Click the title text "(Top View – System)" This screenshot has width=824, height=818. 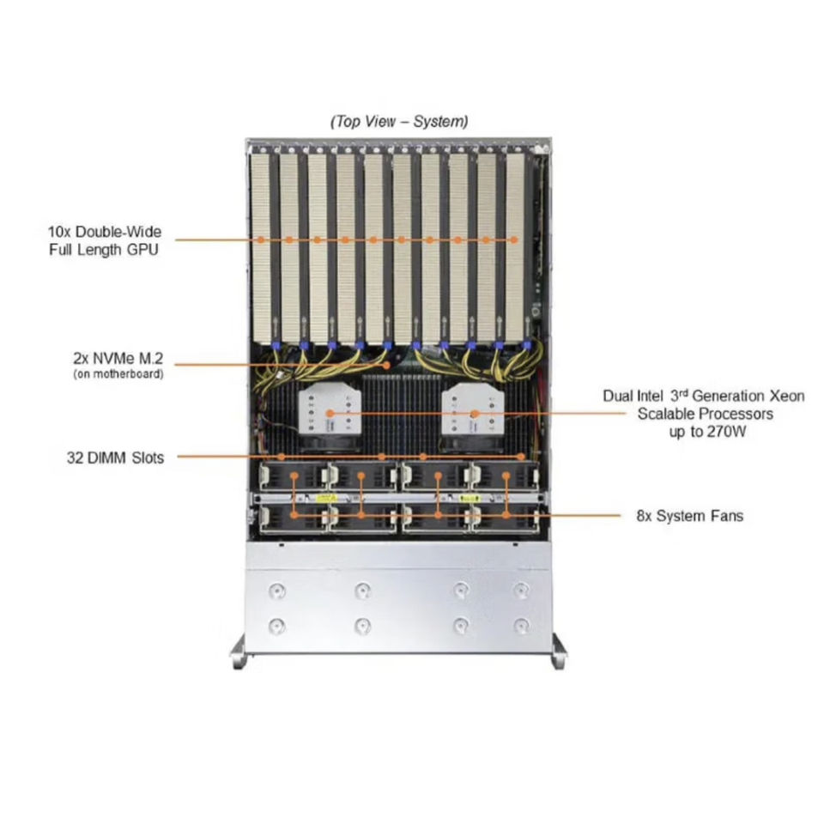coord(399,122)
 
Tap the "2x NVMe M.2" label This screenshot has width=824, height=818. coord(118,358)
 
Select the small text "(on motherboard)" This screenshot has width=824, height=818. coord(118,373)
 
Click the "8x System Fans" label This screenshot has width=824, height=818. coord(689,516)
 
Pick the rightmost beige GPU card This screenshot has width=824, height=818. coord(513,245)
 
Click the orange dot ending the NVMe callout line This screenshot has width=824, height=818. coord(387,364)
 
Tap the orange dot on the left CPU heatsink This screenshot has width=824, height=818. coord(328,414)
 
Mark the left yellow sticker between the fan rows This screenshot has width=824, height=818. coord(325,498)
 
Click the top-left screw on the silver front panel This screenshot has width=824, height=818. coord(276,591)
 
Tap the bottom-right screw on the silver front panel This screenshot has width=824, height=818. coord(521,625)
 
